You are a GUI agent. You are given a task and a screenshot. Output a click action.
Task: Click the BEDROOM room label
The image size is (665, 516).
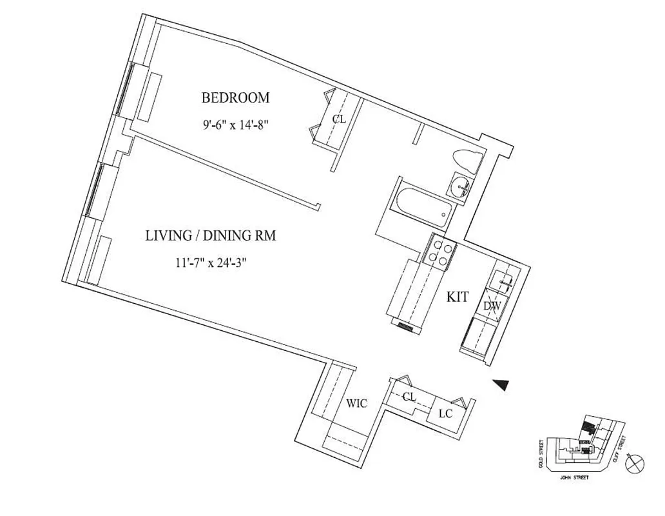235,98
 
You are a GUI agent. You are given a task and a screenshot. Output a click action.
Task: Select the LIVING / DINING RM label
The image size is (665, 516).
210,236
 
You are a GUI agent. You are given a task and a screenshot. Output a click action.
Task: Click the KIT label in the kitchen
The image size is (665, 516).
458,297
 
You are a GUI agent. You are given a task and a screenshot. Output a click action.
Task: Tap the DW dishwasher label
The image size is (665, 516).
492,305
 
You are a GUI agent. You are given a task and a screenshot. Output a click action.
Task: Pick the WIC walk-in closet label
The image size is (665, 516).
356,404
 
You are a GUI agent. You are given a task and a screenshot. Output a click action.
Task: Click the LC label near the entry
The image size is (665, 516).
445,413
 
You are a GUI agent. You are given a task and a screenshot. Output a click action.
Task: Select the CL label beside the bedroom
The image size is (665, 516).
338,119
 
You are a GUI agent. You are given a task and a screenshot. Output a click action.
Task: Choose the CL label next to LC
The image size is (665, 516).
409,397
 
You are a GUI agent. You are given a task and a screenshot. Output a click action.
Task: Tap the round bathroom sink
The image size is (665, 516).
460,187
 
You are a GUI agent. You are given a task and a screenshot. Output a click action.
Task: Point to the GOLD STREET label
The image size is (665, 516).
542,453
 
